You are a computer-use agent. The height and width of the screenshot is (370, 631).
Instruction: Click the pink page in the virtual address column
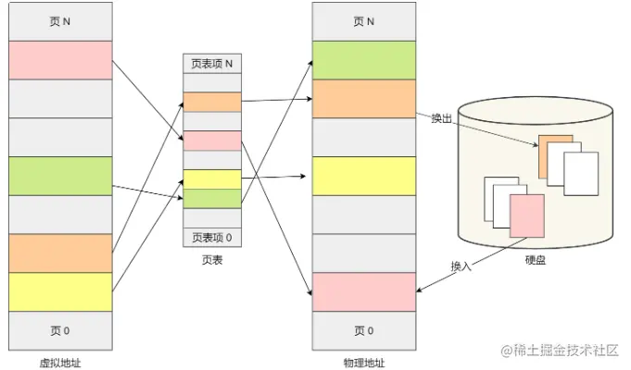(60, 60)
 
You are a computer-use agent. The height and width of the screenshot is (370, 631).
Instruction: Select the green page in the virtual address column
(60, 176)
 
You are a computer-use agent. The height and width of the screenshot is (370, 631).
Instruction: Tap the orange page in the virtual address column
(60, 253)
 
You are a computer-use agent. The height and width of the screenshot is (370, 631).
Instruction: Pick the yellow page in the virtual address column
(60, 291)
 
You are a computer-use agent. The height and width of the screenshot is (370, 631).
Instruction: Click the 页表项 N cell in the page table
(212, 64)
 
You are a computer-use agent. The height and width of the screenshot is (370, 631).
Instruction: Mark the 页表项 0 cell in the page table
(212, 238)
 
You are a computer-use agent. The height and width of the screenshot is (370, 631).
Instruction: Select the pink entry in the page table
(212, 141)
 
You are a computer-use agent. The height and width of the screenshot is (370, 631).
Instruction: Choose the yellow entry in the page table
(212, 179)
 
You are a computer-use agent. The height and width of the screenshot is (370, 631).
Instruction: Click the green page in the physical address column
(363, 60)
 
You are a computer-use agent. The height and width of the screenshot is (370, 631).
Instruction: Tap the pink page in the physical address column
(363, 291)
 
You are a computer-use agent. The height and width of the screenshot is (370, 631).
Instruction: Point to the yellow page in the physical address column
(363, 176)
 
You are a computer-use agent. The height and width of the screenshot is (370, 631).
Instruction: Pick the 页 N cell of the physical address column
(363, 21)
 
